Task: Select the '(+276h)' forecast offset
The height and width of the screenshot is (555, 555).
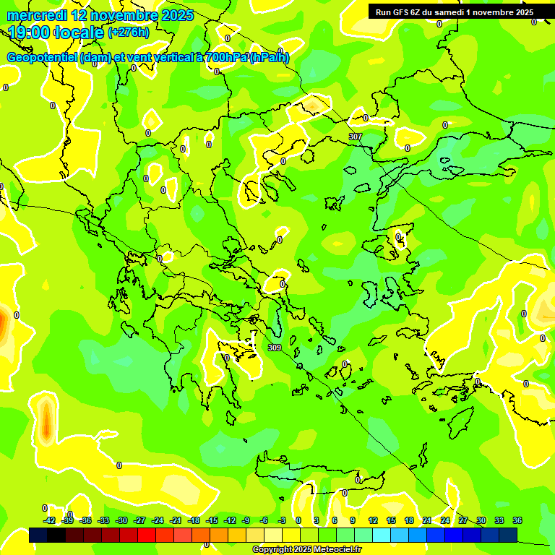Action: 129,32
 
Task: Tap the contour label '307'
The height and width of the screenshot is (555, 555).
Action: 355,137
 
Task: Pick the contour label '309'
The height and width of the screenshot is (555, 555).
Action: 274,348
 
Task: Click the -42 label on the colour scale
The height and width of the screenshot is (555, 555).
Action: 49,520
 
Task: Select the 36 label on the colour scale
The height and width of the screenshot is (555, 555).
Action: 517,520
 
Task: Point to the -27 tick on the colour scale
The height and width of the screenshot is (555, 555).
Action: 139,520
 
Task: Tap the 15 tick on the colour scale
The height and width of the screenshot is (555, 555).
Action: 391,520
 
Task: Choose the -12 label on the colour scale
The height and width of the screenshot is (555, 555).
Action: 230,520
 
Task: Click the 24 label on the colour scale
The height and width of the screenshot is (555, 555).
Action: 445,520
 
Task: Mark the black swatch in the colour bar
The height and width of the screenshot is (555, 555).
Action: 56,535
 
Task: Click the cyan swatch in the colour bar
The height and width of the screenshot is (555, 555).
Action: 382,535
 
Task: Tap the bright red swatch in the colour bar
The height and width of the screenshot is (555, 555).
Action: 147,535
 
